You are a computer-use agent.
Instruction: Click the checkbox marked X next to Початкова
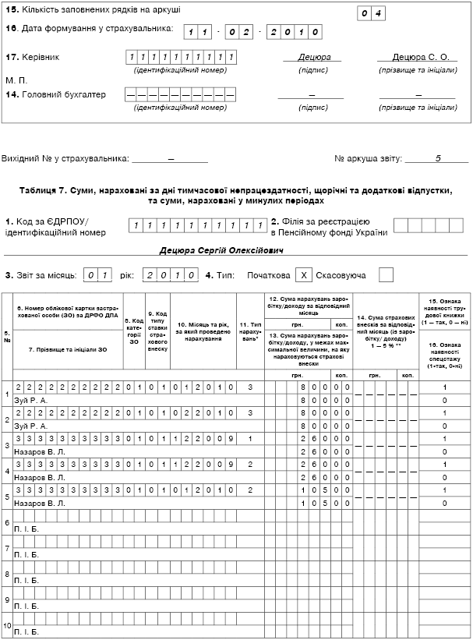pyautogui.click(x=305, y=274)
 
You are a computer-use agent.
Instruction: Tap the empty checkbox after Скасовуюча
pyautogui.click(x=386, y=274)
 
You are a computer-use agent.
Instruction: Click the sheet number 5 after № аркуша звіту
pyautogui.click(x=438, y=157)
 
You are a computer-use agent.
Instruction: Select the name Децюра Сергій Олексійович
pyautogui.click(x=221, y=251)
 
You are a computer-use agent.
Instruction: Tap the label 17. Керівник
pyautogui.click(x=32, y=57)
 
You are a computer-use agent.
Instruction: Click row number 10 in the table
pyautogui.click(x=7, y=626)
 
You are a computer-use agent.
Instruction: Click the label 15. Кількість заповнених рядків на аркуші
pyautogui.click(x=93, y=10)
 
